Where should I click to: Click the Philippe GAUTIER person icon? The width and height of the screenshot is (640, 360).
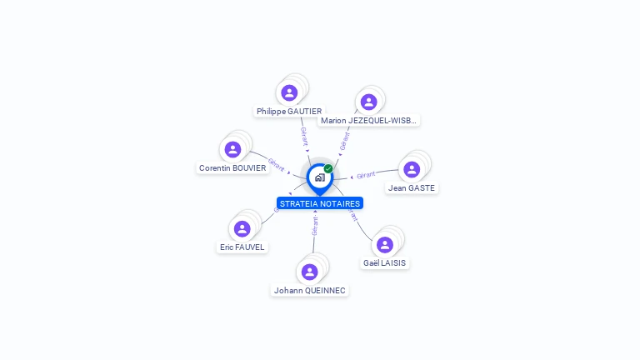[x=289, y=92]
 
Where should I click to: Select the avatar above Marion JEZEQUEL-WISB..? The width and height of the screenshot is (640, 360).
[x=368, y=102]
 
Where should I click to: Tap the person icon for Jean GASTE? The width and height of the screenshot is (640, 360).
[x=412, y=169]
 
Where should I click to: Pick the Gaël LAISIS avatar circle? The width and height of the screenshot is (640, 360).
[x=384, y=244]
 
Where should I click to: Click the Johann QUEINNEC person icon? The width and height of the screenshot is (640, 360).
[x=309, y=272]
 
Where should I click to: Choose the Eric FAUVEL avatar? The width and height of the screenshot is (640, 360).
[x=242, y=228]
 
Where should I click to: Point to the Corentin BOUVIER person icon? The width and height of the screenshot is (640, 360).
[x=232, y=149]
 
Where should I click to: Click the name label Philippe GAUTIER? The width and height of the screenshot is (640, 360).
[x=289, y=111]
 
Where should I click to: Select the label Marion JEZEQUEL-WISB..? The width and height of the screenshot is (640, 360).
[x=368, y=120]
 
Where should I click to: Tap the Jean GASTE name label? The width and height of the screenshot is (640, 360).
[x=412, y=188]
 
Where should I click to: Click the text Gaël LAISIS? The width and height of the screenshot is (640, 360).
[x=384, y=262]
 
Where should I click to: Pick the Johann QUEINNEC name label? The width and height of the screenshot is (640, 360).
[x=309, y=290]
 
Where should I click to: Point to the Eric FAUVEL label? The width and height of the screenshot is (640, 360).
[x=242, y=247]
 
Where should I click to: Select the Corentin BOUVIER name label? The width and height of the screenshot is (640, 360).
[x=232, y=167]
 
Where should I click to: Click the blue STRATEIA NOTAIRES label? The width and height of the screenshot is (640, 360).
[x=320, y=203]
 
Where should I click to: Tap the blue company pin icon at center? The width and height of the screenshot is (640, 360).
[x=319, y=177]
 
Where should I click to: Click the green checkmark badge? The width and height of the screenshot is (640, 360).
[x=328, y=168]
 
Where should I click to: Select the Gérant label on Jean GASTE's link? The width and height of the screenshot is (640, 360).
[x=366, y=175]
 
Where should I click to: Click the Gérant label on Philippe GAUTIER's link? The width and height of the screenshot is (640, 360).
[x=304, y=136]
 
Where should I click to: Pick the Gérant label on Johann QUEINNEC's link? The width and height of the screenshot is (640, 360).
[x=315, y=226]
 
